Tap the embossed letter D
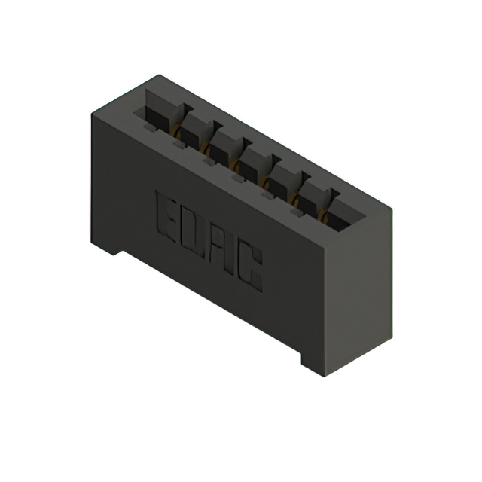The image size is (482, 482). click(x=195, y=229)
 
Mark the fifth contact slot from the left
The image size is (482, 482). click(x=282, y=180)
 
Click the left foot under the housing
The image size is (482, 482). click(x=106, y=246)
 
